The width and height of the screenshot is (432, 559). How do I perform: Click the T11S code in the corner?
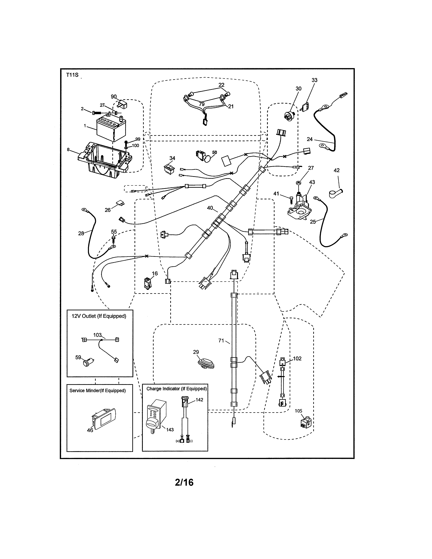point(72,75)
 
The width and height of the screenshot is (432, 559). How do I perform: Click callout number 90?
point(114,97)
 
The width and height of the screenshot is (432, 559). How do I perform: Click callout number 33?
point(314,80)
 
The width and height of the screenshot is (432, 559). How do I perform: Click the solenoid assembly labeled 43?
point(299,207)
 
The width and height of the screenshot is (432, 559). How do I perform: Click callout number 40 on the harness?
point(210,208)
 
